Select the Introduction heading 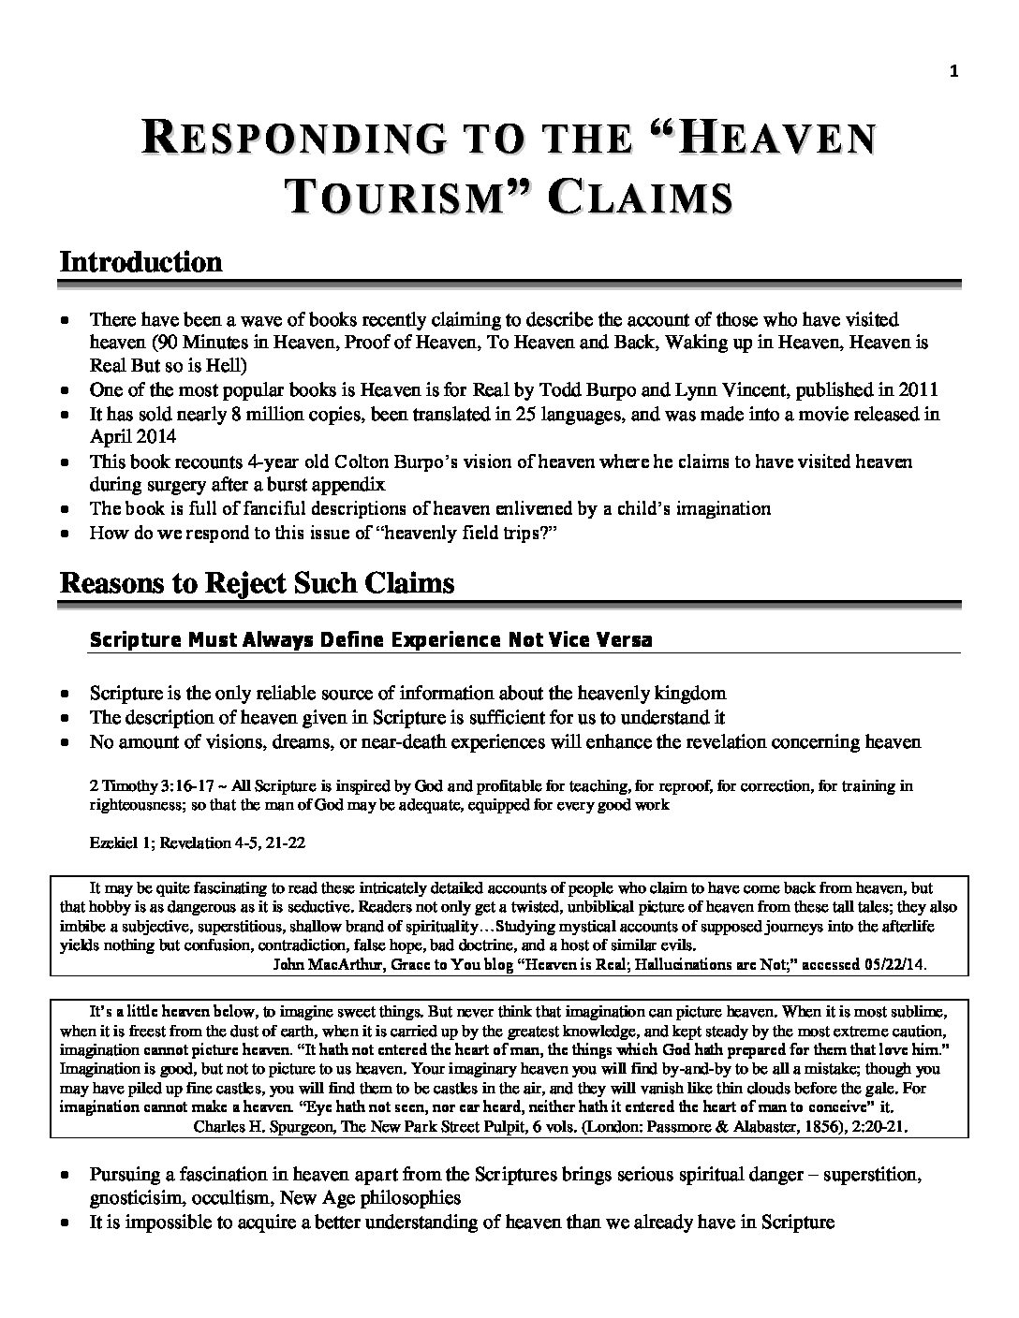[141, 261]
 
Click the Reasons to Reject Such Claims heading [258, 583]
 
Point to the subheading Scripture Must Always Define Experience [370, 640]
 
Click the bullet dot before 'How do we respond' [64, 534]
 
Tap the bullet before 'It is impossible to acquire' [64, 1222]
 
